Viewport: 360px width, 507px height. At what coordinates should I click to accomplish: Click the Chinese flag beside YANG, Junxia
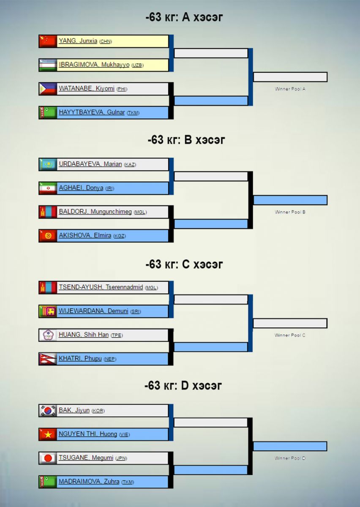point(48,41)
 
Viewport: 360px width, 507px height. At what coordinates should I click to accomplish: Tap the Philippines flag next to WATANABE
point(48,89)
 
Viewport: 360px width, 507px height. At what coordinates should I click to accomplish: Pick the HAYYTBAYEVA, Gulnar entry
point(92,112)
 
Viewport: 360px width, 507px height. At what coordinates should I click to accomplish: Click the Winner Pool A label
point(290,89)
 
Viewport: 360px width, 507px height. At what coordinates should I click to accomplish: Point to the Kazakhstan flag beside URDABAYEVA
point(48,164)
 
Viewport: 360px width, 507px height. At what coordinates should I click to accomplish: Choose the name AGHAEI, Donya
point(81,188)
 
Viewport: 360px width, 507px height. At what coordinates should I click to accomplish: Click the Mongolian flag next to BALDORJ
point(48,212)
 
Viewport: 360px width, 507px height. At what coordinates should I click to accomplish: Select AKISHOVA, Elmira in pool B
point(86,235)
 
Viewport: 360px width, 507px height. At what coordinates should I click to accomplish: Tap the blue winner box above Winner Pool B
point(290,200)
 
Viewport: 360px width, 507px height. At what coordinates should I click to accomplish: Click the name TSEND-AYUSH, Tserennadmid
point(101,287)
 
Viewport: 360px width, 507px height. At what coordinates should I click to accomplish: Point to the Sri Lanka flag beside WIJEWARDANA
point(48,311)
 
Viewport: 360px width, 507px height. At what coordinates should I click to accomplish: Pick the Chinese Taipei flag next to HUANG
point(48,335)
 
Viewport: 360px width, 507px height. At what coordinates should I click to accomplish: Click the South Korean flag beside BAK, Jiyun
point(48,410)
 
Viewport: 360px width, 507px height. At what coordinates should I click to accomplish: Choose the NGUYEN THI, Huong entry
point(88,434)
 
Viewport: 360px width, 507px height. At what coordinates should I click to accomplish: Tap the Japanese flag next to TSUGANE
point(48,458)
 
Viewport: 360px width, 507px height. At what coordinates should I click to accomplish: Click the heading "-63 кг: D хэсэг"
point(183,385)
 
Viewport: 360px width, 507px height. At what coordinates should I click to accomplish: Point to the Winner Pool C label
point(290,335)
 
